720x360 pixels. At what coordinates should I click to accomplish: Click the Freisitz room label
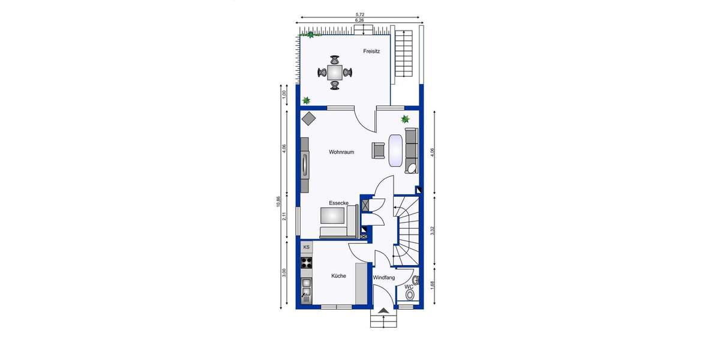[371, 52]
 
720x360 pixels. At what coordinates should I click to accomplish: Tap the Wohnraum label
[341, 152]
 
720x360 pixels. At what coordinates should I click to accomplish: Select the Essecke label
[338, 203]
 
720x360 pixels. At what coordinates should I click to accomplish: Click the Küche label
[339, 276]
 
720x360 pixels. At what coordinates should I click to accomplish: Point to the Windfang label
[383, 278]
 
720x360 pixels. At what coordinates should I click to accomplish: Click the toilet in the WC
[410, 295]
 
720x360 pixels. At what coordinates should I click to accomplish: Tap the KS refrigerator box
[307, 247]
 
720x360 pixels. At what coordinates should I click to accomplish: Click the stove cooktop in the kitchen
[307, 262]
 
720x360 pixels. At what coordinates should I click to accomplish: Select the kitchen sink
[307, 293]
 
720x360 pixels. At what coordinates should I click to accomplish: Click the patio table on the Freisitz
[335, 73]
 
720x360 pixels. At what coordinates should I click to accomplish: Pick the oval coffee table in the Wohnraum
[396, 151]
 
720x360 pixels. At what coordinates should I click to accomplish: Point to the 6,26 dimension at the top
[359, 20]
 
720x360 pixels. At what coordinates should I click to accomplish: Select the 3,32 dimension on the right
[433, 230]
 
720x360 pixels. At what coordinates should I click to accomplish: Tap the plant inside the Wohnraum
[406, 119]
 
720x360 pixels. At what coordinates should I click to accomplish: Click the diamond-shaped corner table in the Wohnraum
[309, 118]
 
